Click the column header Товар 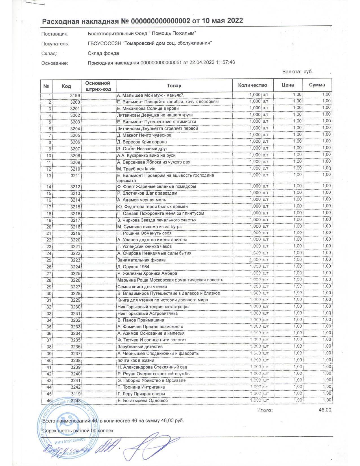(x=174, y=86)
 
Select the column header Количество (x=252, y=85)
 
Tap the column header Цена (x=287, y=85)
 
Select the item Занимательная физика (x=141, y=260)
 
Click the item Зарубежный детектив (x=140, y=347)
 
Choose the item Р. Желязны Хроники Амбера (x=147, y=273)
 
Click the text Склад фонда (x=103, y=53)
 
